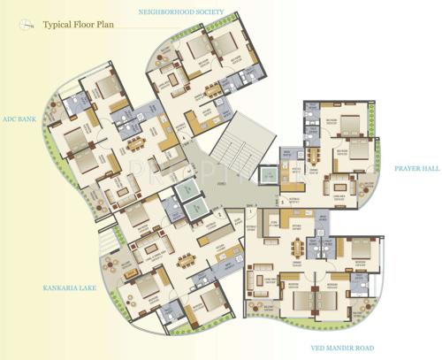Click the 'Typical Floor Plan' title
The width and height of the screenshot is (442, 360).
(79, 25)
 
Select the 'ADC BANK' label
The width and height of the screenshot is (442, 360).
(19, 118)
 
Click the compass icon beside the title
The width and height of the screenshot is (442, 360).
(28, 25)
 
